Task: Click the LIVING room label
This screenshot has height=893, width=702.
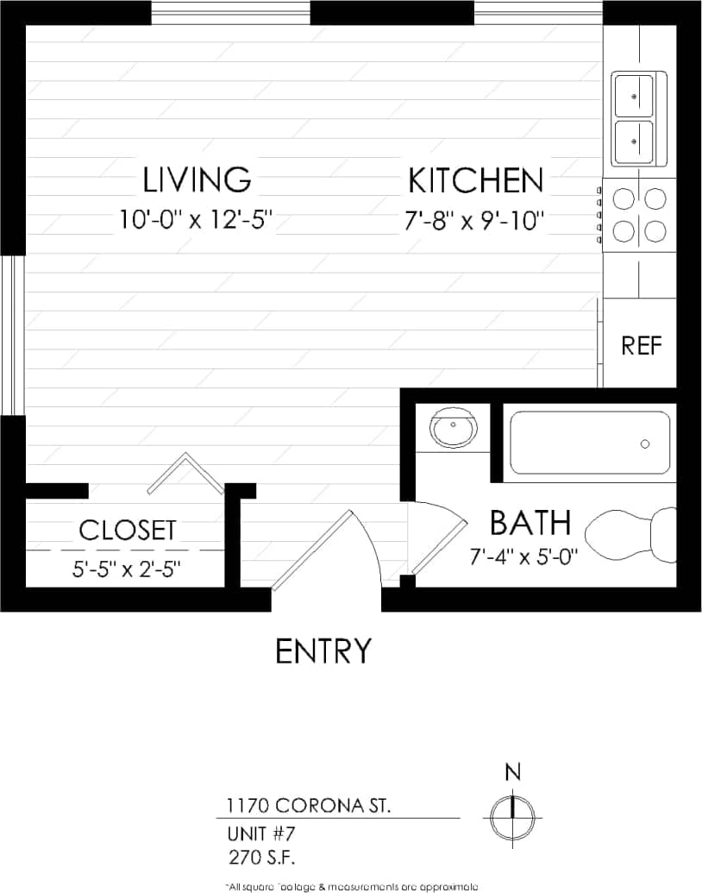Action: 197,179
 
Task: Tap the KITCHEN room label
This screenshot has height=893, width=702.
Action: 475,181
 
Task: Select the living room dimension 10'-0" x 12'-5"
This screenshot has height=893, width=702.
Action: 197,220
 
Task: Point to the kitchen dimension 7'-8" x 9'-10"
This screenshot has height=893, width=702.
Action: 475,222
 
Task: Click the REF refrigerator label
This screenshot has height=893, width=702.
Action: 642,346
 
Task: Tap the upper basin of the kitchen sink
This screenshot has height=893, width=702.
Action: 633,94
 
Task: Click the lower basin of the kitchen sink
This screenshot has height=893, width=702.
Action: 633,141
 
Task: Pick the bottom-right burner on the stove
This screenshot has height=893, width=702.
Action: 655,231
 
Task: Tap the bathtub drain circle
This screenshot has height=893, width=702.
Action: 645,443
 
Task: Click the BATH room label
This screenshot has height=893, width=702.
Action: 530,523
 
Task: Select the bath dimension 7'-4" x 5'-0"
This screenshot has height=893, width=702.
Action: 523,557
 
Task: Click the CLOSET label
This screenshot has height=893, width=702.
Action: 128,530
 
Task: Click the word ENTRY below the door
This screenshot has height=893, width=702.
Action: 323,651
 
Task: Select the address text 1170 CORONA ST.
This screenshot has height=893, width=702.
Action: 308,807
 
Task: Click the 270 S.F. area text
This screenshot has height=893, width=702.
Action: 263,858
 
